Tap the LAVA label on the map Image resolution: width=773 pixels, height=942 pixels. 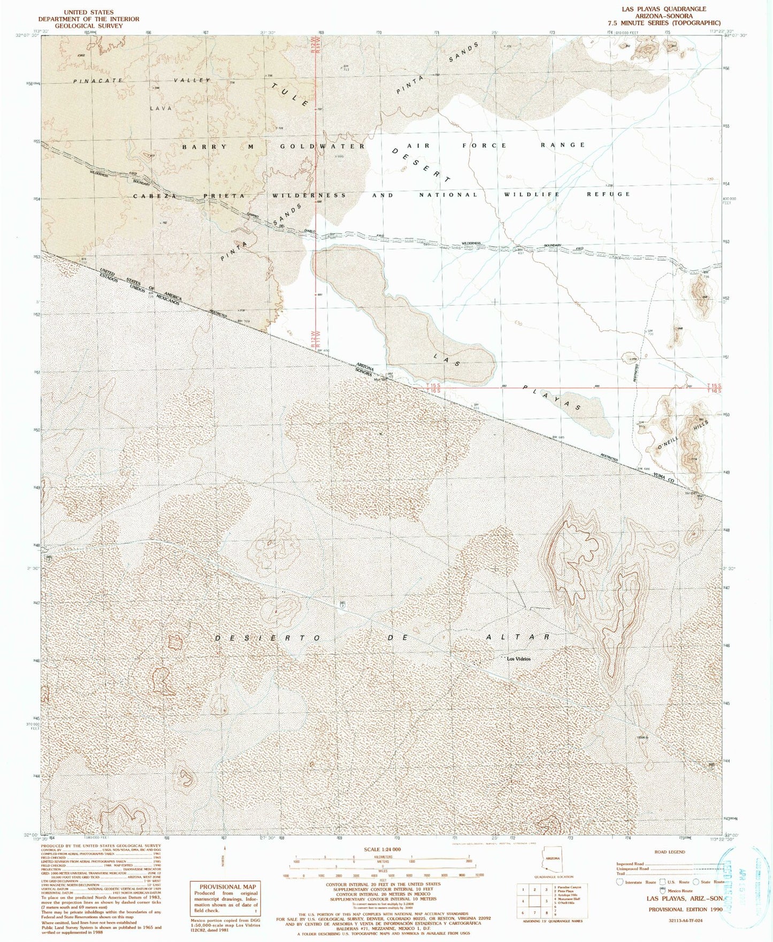(161, 108)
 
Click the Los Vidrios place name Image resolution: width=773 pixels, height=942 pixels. (519, 659)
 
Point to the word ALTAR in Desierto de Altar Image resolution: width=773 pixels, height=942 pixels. (518, 637)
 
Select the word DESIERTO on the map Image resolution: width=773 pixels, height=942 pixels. (268, 639)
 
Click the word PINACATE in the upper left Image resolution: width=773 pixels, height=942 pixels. (100, 80)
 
